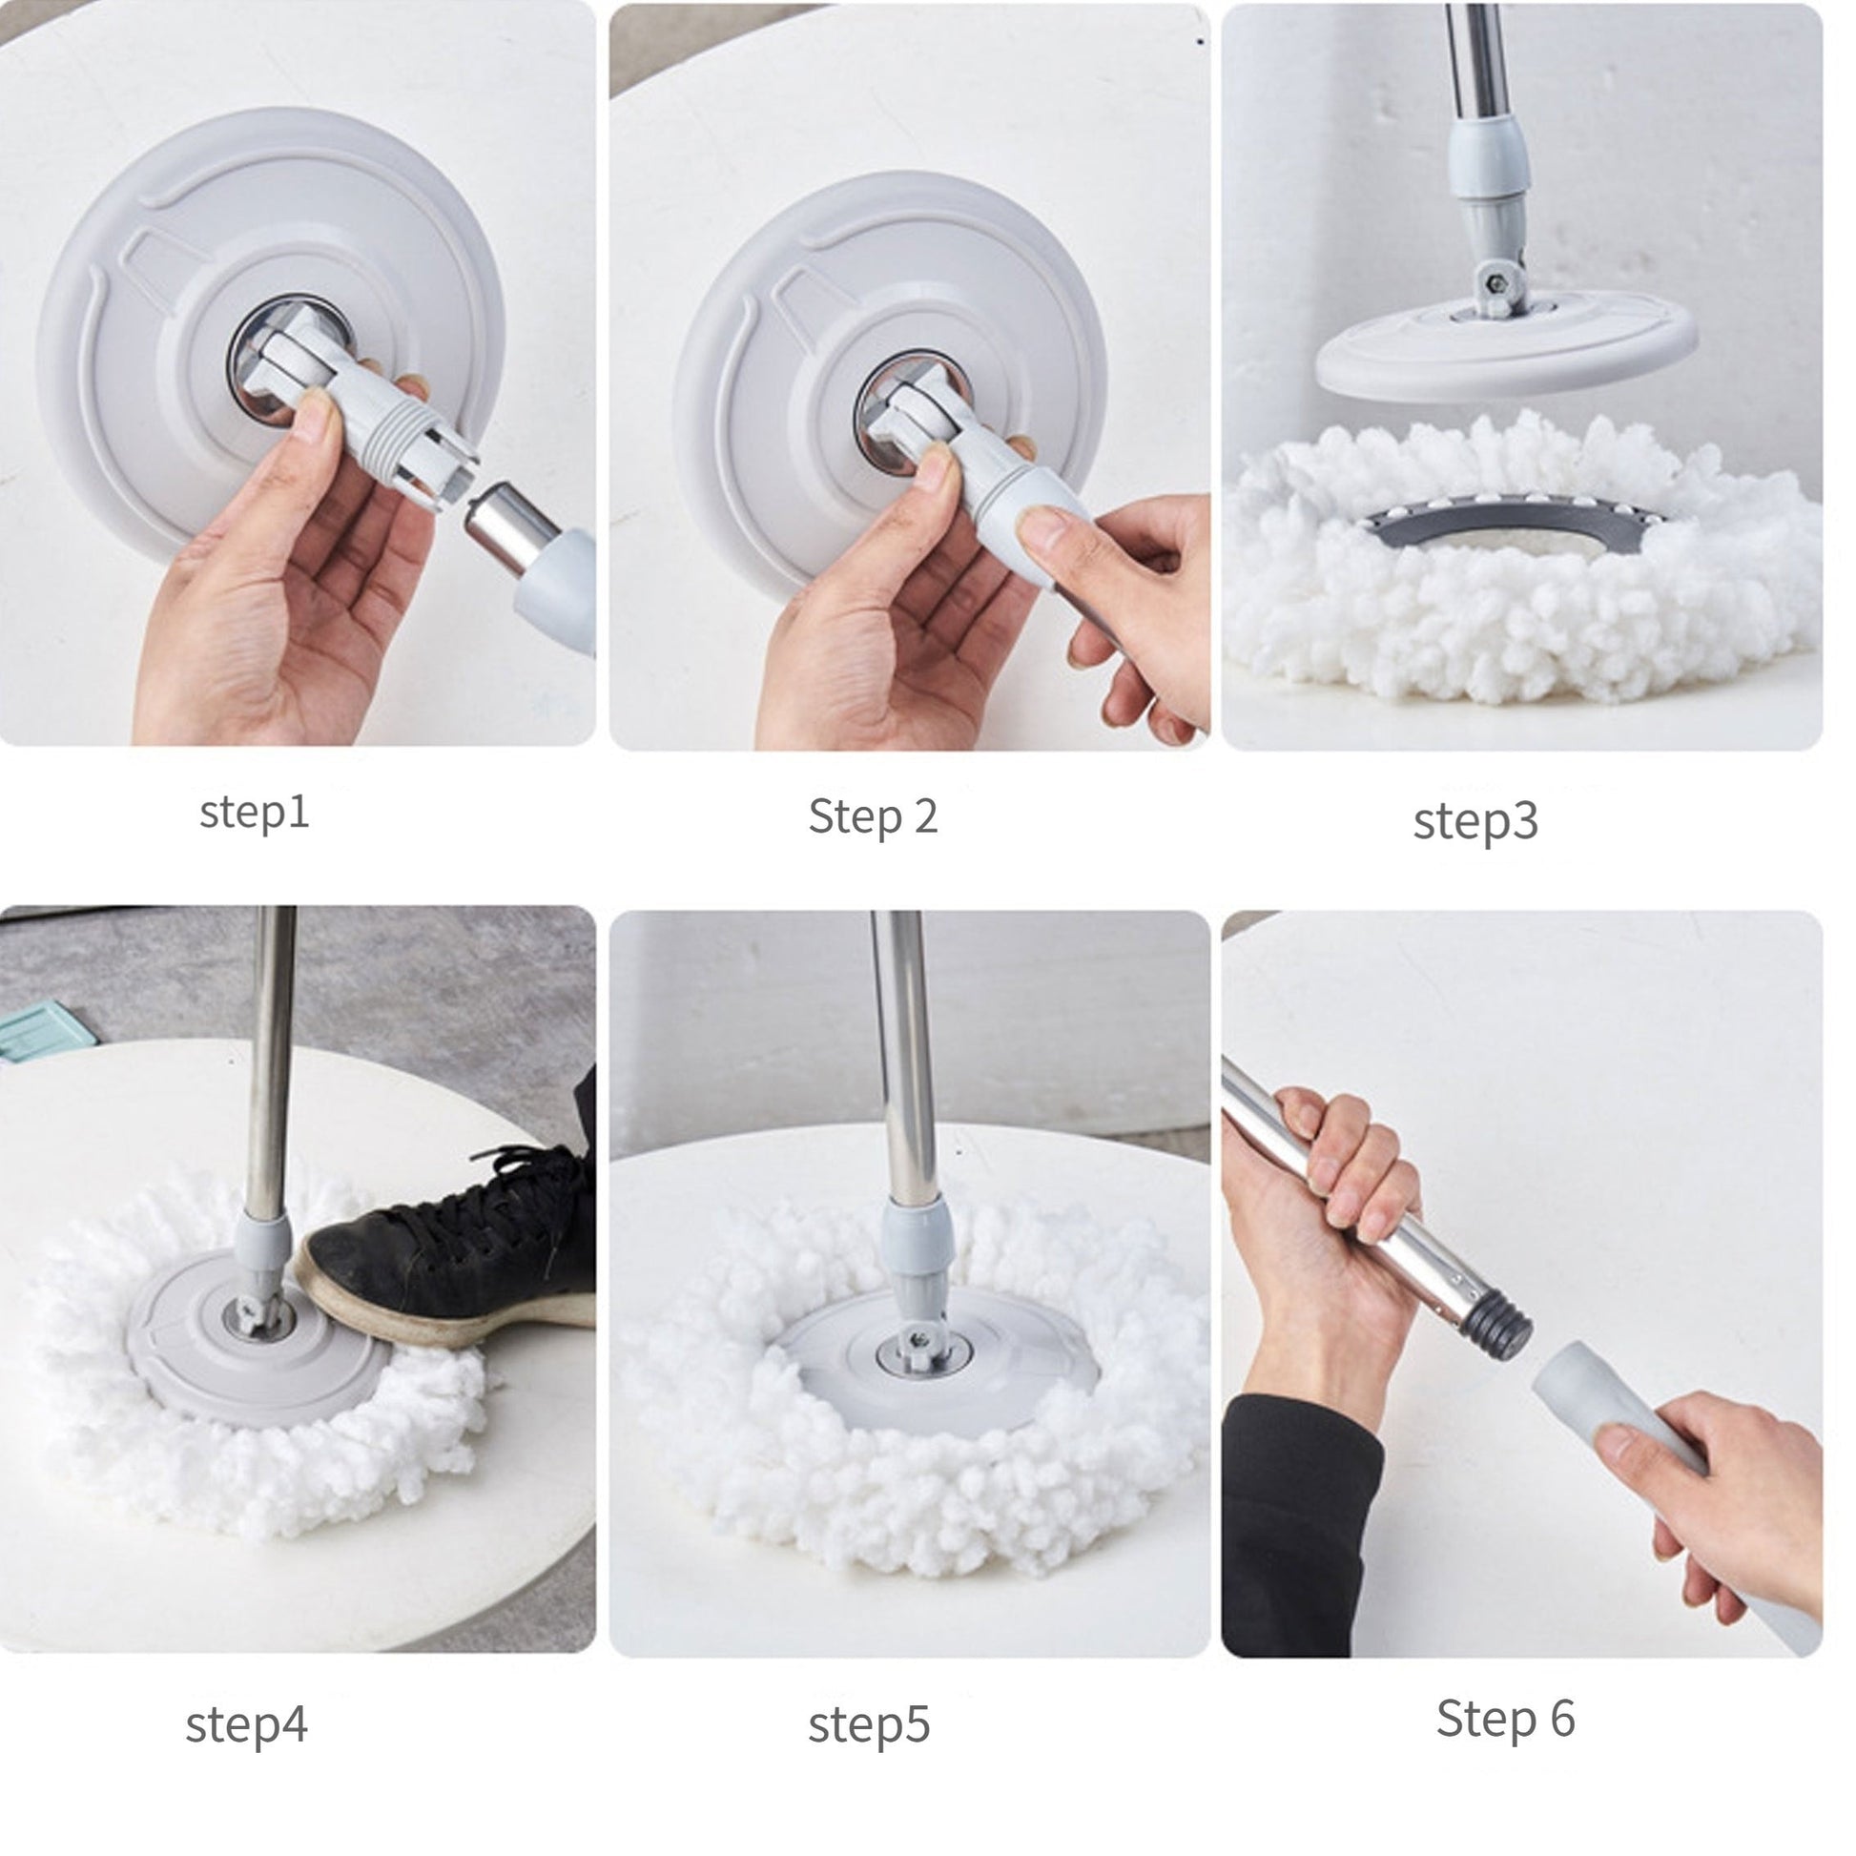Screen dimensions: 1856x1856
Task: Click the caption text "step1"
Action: [255, 814]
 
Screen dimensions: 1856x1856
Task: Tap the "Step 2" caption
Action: [873, 817]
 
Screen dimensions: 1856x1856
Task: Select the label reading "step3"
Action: [1475, 822]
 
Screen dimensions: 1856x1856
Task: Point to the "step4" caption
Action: [247, 1724]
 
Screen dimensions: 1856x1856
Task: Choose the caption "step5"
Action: [869, 1724]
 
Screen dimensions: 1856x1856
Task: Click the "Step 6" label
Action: [1505, 1719]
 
